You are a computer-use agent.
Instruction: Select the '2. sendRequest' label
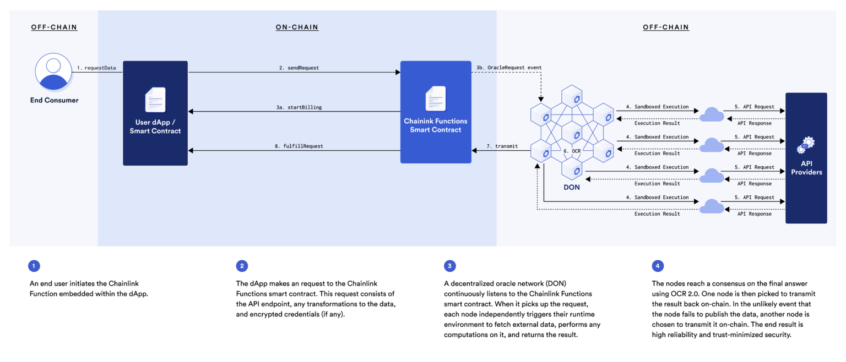(299, 68)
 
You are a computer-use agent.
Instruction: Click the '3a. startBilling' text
(299, 107)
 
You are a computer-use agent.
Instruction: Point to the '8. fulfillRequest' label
(299, 146)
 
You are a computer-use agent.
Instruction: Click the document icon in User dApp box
(155, 100)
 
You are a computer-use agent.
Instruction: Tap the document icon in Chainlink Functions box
(435, 99)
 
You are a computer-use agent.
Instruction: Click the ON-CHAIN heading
(297, 27)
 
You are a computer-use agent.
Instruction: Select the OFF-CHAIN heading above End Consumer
(54, 27)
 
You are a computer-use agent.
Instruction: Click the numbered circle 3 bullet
(450, 266)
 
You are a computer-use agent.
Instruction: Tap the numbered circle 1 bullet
(34, 266)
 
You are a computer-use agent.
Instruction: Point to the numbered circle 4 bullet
(658, 266)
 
